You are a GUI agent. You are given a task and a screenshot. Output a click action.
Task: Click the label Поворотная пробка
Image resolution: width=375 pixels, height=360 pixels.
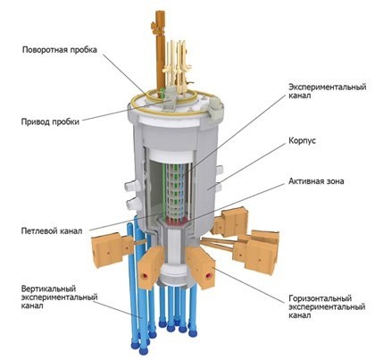[x=60, y=50]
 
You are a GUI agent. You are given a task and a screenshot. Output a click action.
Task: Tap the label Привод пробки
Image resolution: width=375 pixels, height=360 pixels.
[x=50, y=121]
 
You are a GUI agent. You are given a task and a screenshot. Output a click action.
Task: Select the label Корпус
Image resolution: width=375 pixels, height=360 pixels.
[x=302, y=141]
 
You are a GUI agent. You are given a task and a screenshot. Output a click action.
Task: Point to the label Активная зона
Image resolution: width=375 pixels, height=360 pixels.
[x=316, y=181]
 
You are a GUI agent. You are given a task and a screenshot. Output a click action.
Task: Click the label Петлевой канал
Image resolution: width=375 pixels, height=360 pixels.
[x=52, y=231]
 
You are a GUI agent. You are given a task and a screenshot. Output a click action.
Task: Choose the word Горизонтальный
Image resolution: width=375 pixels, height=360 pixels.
[x=321, y=298]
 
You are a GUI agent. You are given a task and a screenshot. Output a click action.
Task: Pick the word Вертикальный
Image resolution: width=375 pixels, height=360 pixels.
[x=48, y=289]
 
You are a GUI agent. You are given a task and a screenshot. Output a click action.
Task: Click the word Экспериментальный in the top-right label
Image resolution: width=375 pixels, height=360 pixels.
[x=328, y=88]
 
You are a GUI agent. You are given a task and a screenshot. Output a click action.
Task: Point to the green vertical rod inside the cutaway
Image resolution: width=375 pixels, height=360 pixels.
[x=164, y=190]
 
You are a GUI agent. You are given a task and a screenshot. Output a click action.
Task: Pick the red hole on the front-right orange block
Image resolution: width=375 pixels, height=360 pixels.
[x=208, y=275]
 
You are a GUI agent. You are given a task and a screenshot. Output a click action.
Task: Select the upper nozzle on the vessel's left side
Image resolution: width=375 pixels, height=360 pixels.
[x=131, y=186]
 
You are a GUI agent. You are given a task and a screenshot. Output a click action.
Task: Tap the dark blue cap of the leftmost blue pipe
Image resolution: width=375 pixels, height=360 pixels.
[x=135, y=345]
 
